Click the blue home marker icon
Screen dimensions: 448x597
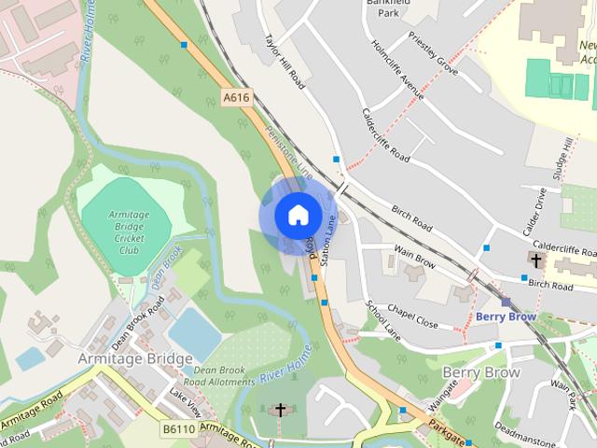coord(298,215)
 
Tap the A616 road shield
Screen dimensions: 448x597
coord(237,97)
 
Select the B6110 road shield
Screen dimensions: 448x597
coord(176,429)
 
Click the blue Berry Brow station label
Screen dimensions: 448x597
coord(506,316)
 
